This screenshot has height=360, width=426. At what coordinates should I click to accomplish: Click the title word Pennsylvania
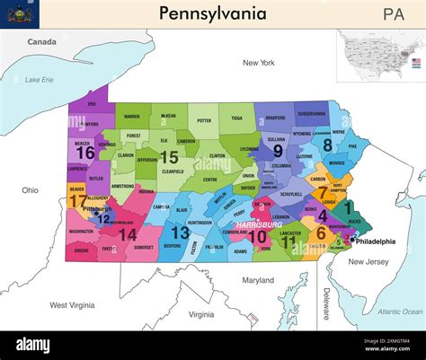(x=213, y=13)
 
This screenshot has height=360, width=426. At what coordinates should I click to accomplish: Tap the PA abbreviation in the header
(x=393, y=14)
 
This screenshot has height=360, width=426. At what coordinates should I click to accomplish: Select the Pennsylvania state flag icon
(x=17, y=13)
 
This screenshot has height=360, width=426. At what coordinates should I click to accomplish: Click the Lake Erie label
(x=39, y=80)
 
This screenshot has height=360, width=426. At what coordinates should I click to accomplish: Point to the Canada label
(x=41, y=42)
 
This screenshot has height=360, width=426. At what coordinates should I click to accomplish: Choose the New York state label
(x=258, y=63)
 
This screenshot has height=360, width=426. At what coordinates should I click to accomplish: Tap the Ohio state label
(x=30, y=190)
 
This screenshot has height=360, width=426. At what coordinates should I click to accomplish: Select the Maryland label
(x=258, y=280)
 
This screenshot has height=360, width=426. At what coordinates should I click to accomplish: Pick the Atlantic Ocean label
(x=400, y=312)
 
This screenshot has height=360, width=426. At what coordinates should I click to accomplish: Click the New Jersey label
(x=368, y=261)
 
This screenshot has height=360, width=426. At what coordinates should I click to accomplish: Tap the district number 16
(x=85, y=154)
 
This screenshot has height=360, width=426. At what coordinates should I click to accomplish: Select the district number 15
(x=169, y=157)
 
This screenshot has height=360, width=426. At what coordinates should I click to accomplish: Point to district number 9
(x=278, y=152)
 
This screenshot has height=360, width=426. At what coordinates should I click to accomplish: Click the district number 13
(x=181, y=233)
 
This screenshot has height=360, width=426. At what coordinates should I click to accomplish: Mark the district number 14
(x=128, y=234)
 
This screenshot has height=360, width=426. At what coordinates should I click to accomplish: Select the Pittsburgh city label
(x=97, y=209)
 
